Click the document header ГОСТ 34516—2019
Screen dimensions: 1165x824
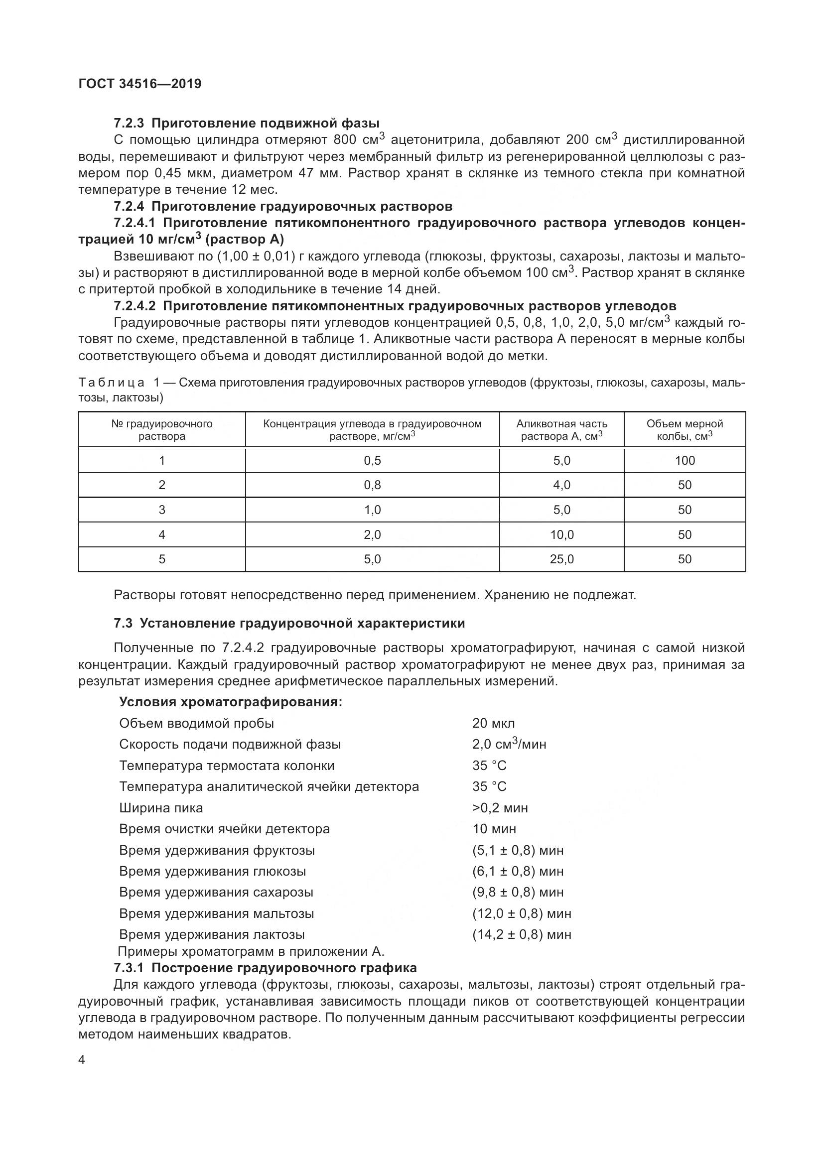coord(139,84)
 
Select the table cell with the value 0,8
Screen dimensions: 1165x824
coord(372,485)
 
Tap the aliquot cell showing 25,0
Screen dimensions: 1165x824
coord(561,559)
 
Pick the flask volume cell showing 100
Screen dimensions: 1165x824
coord(685,461)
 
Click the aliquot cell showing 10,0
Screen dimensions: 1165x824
coord(561,534)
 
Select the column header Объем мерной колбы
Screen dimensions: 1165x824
coord(685,430)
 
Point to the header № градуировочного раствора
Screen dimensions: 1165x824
coord(162,430)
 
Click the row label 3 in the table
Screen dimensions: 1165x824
coord(162,510)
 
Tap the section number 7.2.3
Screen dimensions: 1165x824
coord(129,124)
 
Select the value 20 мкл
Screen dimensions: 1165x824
coord(493,723)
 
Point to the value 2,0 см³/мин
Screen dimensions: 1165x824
coord(509,744)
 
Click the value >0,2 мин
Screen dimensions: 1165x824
coord(500,808)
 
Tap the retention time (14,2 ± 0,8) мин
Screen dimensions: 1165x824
coord(521,934)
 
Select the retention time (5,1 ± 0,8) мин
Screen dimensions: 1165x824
coord(518,850)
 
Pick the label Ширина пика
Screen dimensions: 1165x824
coord(161,808)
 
